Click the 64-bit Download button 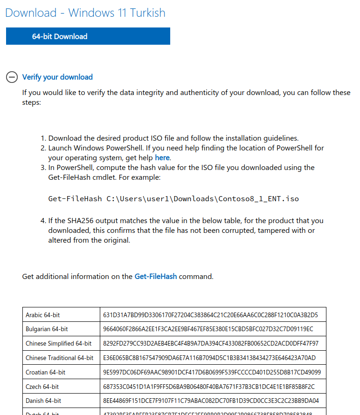tap(88, 36)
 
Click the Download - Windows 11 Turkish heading tap(85, 13)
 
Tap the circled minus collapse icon tap(12, 77)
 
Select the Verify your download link tap(57, 77)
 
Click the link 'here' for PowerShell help tap(162, 157)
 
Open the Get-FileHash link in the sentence tap(156, 276)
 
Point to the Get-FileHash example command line tap(173, 199)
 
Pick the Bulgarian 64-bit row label tap(47, 329)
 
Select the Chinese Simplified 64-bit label tap(59, 344)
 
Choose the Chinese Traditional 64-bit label tap(60, 358)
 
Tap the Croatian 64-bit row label tap(46, 372)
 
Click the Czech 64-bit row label tap(42, 387)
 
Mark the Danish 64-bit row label tap(43, 401)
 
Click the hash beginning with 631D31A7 tap(210, 315)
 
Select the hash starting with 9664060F tap(208, 329)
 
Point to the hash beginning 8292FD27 tap(211, 344)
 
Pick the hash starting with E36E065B tap(209, 358)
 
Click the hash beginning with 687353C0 tap(209, 387)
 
